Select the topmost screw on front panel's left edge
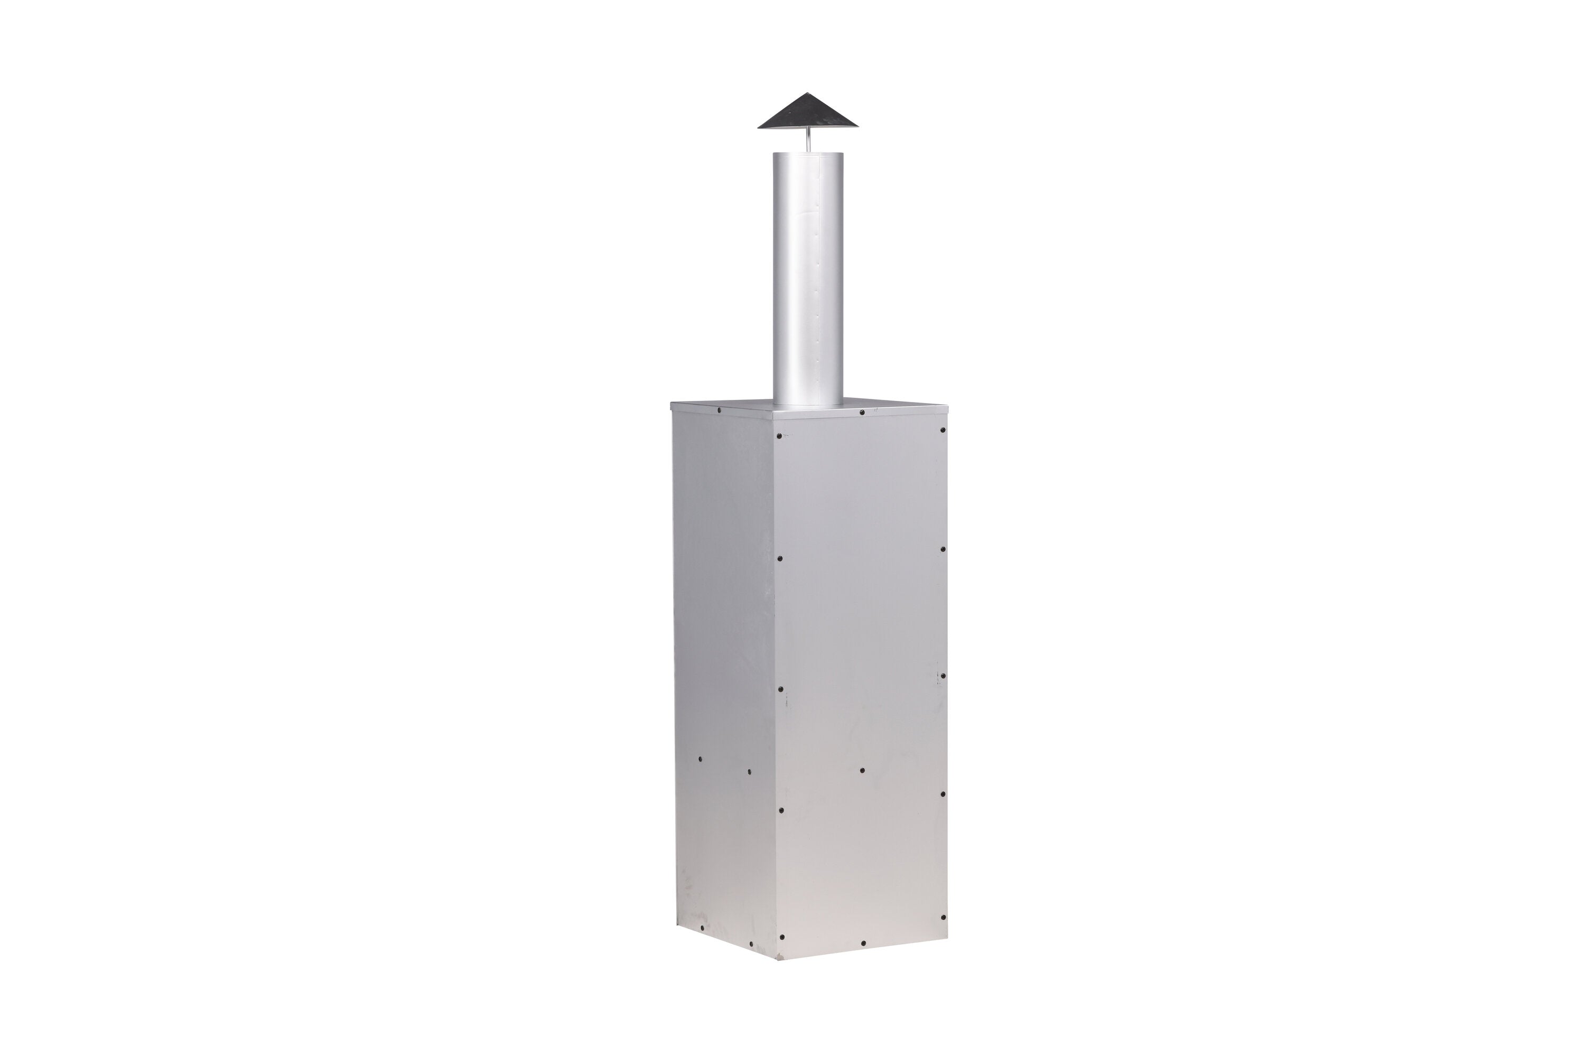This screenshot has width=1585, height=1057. click(x=780, y=437)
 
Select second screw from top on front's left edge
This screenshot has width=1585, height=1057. click(x=780, y=558)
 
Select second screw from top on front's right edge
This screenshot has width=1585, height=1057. click(x=943, y=550)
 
